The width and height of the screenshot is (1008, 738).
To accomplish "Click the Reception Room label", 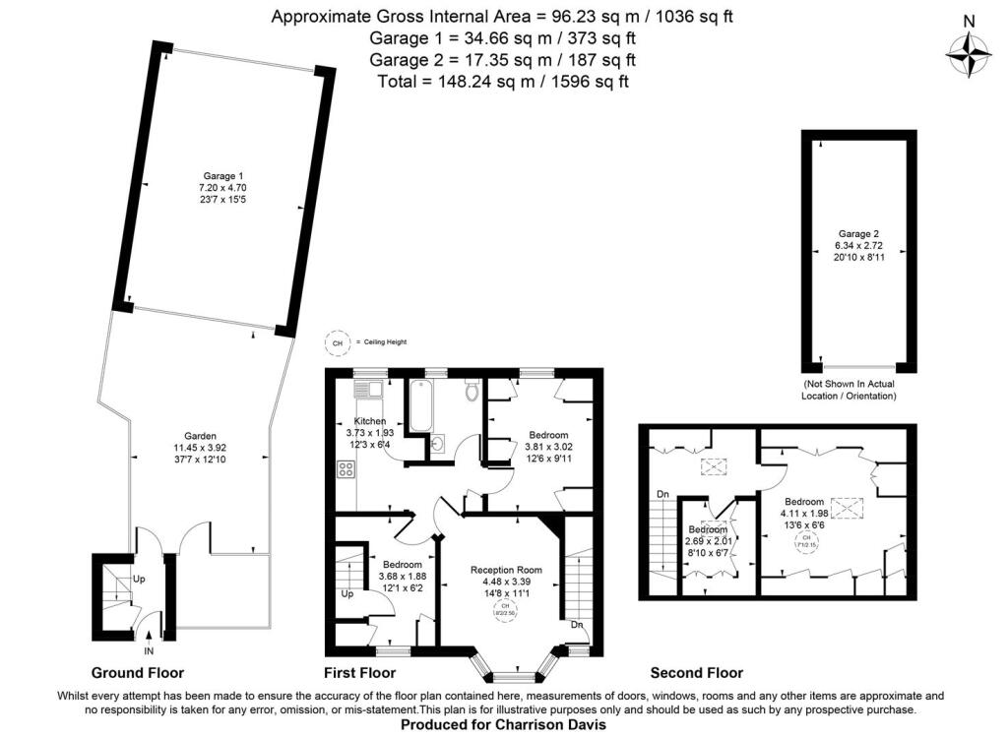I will pos(506,570).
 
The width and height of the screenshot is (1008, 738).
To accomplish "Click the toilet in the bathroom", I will pos(472,392).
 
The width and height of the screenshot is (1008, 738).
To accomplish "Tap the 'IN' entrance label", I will pos(149,650).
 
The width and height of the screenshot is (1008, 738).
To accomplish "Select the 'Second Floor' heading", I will pos(696,673).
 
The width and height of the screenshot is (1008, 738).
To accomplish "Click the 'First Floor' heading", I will pos(359,673).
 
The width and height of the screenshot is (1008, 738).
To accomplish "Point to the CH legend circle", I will pos(338,341).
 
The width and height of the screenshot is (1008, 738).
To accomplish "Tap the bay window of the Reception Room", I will pos(516,673).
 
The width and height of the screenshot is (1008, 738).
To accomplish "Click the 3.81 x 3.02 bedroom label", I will pos(548,435).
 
